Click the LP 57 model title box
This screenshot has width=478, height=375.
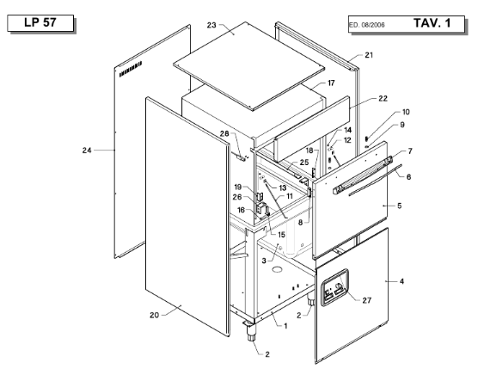click(40, 23)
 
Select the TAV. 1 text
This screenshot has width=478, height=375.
click(432, 23)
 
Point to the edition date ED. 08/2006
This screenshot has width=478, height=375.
click(367, 25)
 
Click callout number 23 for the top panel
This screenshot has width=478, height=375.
click(211, 25)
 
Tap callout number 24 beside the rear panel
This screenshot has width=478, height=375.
click(87, 151)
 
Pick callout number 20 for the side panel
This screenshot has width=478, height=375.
click(154, 315)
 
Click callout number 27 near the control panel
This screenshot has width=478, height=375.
click(367, 301)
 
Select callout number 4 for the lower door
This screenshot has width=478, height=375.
click(401, 281)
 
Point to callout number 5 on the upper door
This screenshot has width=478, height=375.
click(400, 206)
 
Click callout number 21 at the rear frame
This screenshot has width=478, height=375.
click(369, 55)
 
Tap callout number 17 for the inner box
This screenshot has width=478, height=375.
click(331, 83)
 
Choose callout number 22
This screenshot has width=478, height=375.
click(383, 98)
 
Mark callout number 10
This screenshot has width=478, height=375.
click(406, 112)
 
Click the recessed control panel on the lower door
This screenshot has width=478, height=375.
click(334, 287)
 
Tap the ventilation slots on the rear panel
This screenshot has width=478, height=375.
click(131, 69)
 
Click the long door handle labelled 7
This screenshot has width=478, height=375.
click(362, 175)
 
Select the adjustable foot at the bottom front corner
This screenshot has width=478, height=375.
click(250, 332)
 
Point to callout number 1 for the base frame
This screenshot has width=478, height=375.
click(285, 326)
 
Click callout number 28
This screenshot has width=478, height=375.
click(224, 133)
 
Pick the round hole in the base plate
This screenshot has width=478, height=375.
click(277, 269)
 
